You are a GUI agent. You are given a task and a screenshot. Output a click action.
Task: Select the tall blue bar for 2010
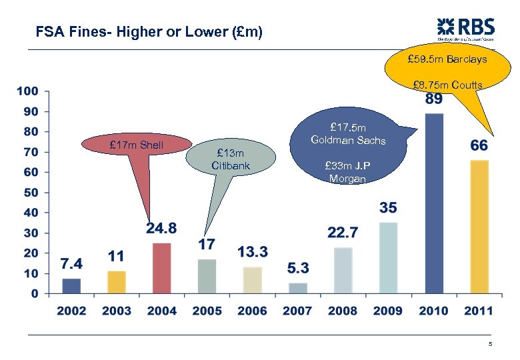[x=433, y=203]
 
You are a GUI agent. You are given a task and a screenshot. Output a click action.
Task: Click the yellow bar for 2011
[x=479, y=227]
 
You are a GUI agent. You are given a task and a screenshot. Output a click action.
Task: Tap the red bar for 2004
[x=161, y=268]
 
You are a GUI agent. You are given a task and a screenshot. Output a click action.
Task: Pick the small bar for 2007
[x=298, y=288]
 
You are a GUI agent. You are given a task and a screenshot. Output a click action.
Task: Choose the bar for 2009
[x=388, y=258]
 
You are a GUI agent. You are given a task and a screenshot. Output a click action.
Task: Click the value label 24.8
[x=161, y=229]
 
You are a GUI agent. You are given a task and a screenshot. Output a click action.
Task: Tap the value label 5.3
[x=298, y=268]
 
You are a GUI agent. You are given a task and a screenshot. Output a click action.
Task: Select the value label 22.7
[x=343, y=233]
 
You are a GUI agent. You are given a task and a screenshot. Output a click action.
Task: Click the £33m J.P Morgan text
[x=347, y=172]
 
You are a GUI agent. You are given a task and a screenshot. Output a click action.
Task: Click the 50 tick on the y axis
[x=31, y=193]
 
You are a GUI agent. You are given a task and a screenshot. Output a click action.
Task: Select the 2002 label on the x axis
[x=71, y=311]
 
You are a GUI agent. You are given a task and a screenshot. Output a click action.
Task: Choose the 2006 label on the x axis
[x=252, y=311]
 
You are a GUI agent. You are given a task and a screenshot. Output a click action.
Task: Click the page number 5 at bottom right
[x=490, y=344]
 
